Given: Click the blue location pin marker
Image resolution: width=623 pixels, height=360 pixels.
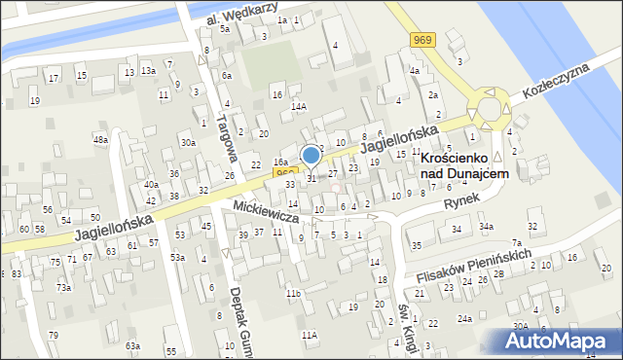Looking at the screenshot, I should [311, 156].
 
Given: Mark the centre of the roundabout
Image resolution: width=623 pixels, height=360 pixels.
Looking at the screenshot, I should [486, 108].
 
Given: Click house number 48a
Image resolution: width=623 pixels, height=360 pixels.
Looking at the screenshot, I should [100, 140].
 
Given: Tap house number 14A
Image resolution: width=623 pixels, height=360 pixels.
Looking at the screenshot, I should [300, 107].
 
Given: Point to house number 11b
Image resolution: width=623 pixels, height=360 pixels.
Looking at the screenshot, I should [292, 293].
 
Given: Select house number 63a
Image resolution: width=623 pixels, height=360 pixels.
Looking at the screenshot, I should [132, 345].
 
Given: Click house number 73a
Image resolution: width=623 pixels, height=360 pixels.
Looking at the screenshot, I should [63, 288].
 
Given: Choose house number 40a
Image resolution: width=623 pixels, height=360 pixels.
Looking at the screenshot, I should [151, 184].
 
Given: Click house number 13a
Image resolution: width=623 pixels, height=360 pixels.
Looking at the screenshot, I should [148, 71].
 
